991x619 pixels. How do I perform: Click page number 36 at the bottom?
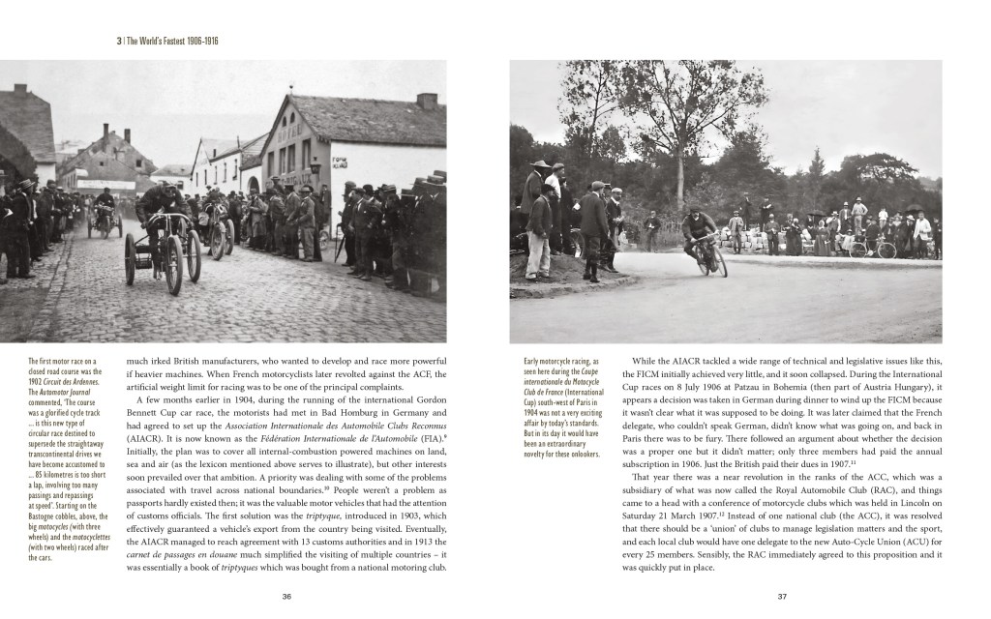tap(287, 597)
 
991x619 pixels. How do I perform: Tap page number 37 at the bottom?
tap(782, 597)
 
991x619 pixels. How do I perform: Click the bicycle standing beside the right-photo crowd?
tap(873, 248)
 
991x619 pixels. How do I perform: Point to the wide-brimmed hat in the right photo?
tap(540, 164)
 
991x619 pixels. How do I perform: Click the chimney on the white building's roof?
tap(426, 101)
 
